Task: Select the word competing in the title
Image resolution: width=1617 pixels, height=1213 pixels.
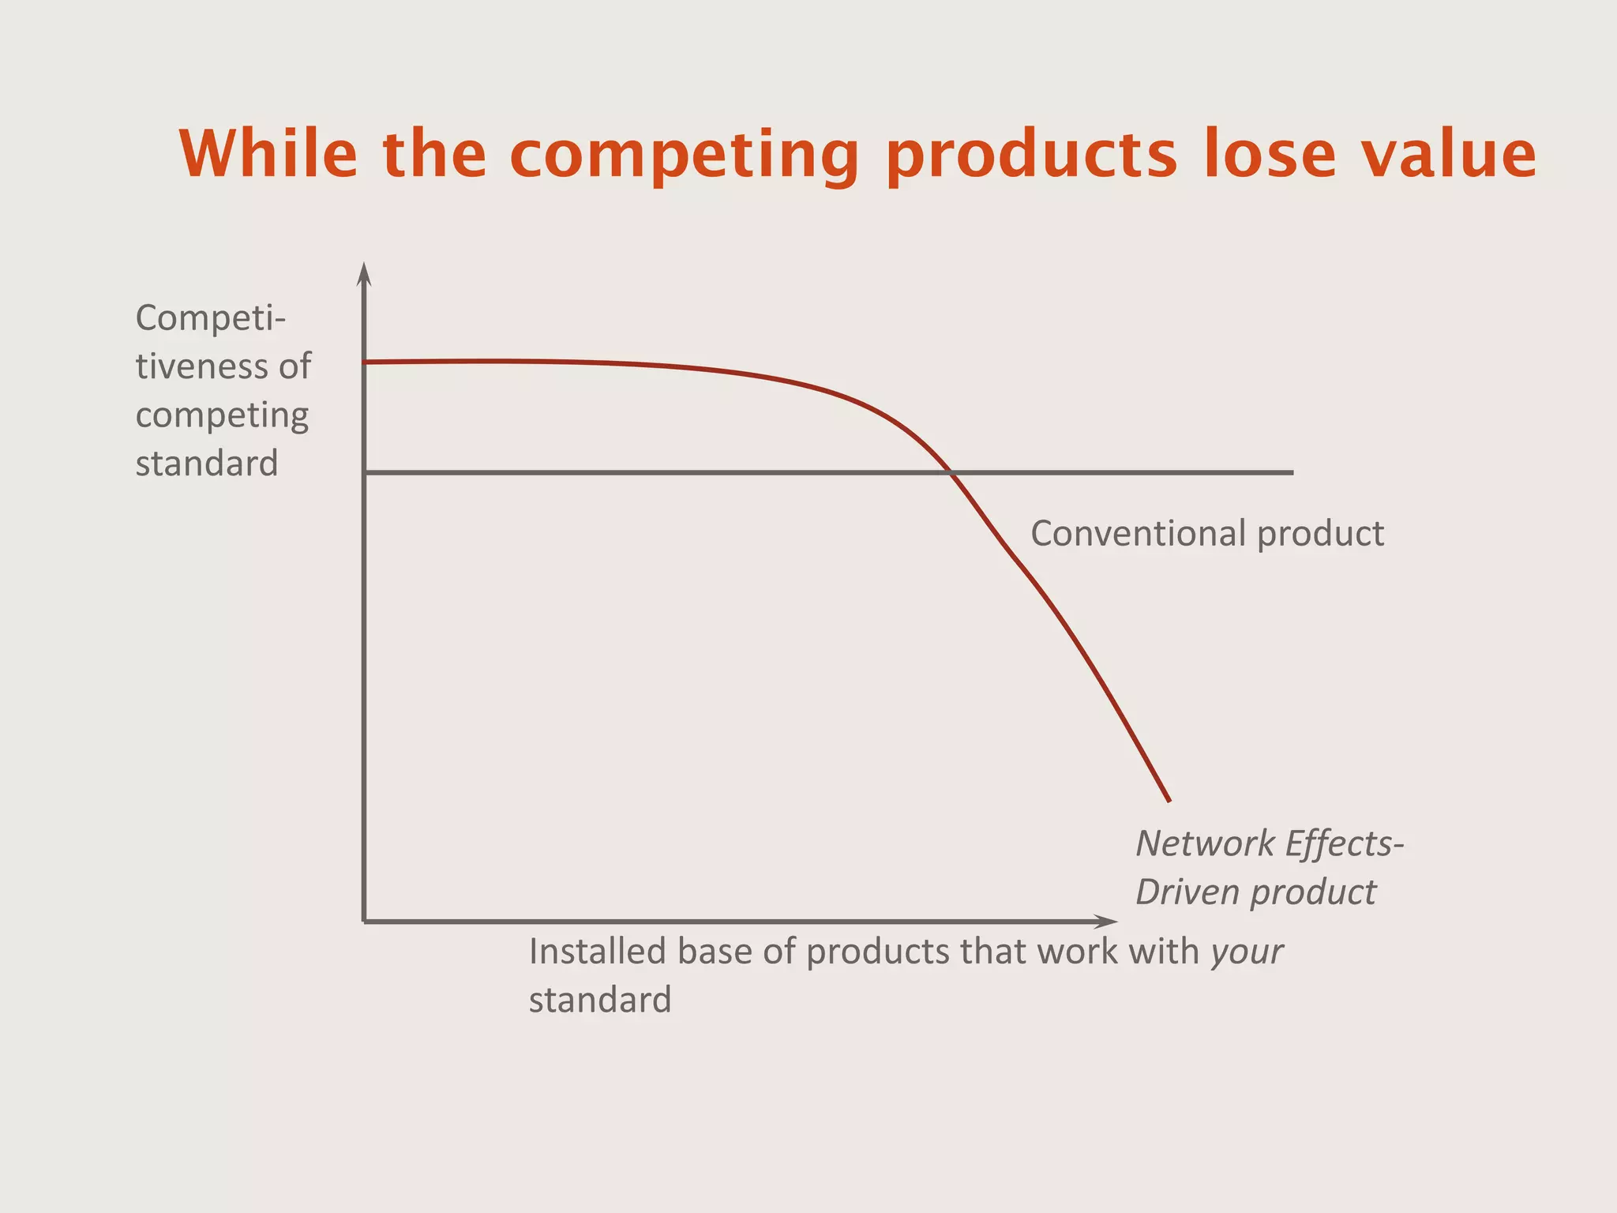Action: tap(684, 155)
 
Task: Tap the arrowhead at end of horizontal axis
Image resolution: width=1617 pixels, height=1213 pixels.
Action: tap(1109, 921)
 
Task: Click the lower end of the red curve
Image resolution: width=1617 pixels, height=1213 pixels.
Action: tap(1169, 800)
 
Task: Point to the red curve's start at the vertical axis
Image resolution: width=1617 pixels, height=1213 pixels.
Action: tap(366, 362)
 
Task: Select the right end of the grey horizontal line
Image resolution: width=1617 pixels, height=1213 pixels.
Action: tap(1292, 472)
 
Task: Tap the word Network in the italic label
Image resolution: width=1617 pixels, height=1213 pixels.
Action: tap(1204, 843)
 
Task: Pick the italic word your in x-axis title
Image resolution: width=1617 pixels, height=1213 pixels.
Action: tap(1247, 953)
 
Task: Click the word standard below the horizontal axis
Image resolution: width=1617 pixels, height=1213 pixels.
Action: tap(600, 1001)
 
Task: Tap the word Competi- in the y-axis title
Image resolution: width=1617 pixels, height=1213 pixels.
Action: tap(211, 318)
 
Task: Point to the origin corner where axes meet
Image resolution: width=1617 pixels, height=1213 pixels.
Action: tap(364, 921)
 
